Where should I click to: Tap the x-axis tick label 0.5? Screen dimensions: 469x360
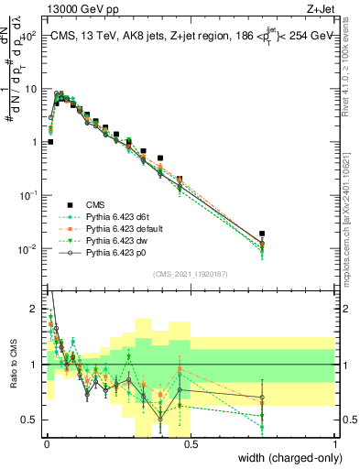coord(190,444)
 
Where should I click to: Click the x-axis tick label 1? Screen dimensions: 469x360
coord(334,444)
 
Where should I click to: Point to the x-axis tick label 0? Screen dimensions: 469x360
coord(47,444)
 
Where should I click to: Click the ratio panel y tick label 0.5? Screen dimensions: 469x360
coord(29,420)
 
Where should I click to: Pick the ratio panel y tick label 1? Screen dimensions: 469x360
coord(33,365)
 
